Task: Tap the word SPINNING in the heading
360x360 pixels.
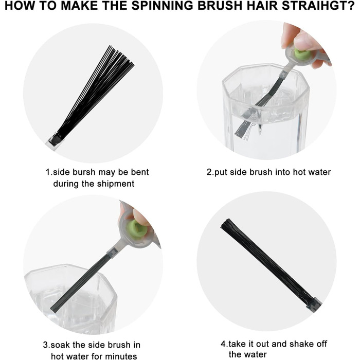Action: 162,6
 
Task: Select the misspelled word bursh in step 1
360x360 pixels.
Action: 84,172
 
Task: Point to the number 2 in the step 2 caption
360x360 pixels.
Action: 209,172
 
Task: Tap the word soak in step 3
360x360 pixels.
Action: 60,345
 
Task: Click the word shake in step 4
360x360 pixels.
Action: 300,344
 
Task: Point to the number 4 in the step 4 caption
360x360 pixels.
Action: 223,344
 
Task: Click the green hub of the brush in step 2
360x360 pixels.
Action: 302,54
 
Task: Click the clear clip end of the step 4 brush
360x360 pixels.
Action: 314,304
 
